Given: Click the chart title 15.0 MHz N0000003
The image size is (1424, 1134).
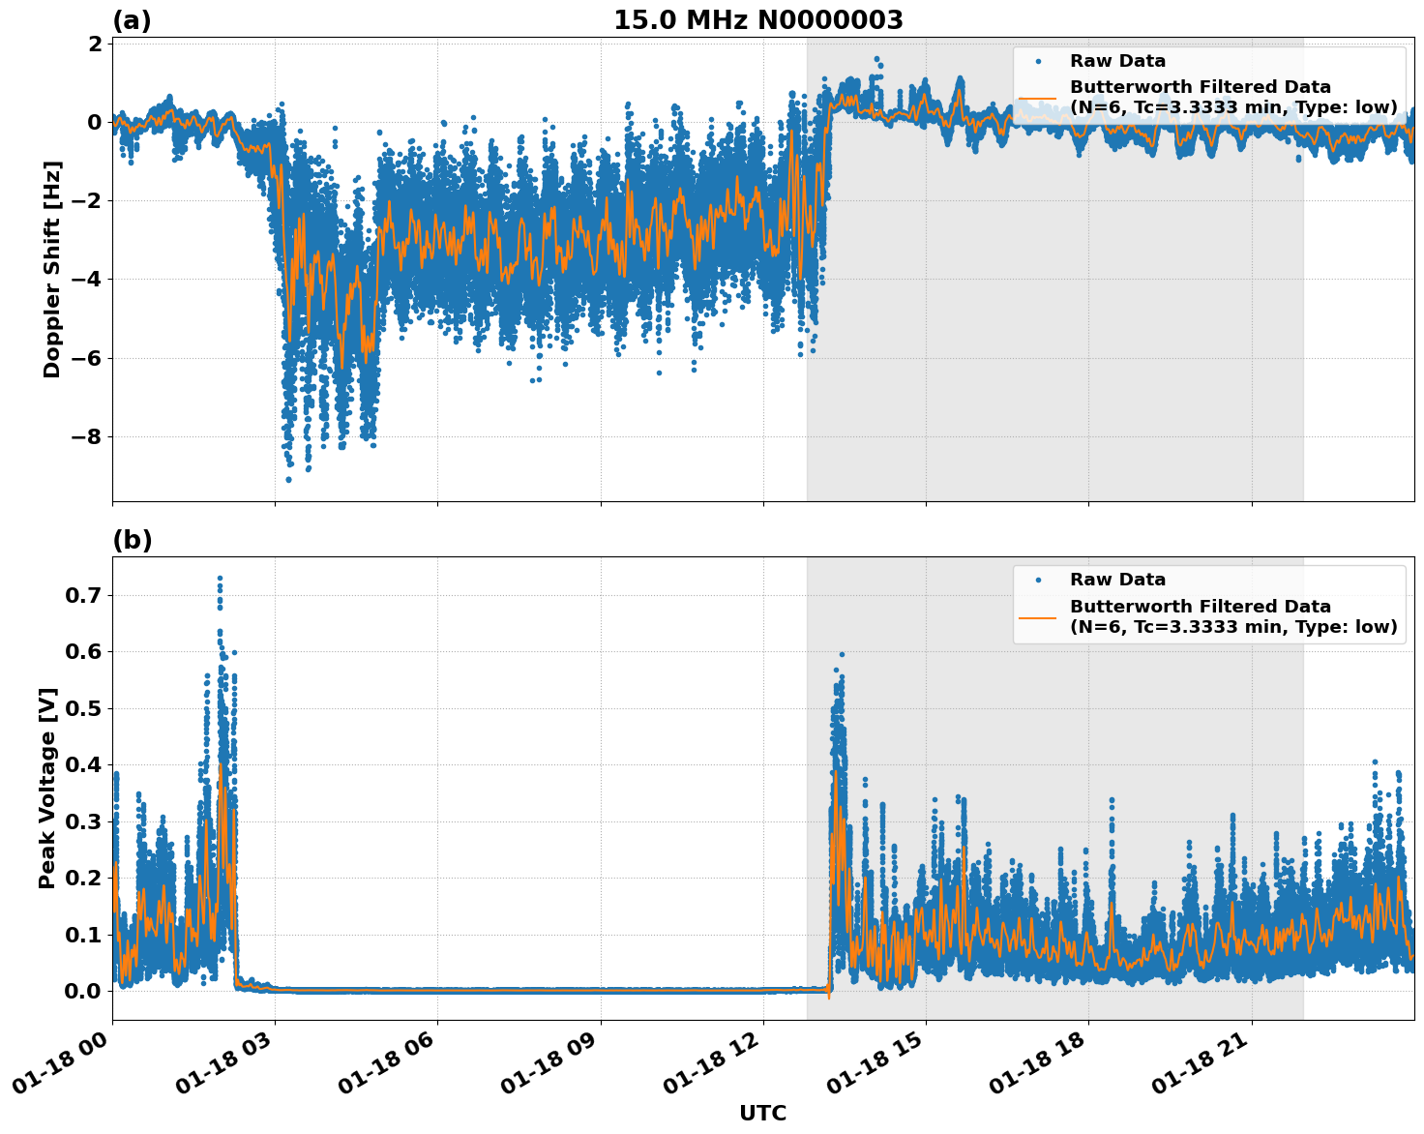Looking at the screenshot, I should (757, 20).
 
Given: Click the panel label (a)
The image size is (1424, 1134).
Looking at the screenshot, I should (132, 20).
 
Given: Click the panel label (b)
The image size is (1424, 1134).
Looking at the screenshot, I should (132, 540).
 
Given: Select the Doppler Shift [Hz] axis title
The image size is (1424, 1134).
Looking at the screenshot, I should (52, 269).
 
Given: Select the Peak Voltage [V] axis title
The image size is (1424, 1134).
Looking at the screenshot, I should (47, 788).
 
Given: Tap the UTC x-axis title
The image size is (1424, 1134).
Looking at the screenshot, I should (762, 1113).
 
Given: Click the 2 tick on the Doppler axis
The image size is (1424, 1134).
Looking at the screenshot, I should (95, 44).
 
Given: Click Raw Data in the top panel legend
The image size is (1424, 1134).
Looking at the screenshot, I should (1117, 61).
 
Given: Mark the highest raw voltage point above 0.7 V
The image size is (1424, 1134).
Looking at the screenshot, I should (220, 579).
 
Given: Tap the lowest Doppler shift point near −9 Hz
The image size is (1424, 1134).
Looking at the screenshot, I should (288, 479).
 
